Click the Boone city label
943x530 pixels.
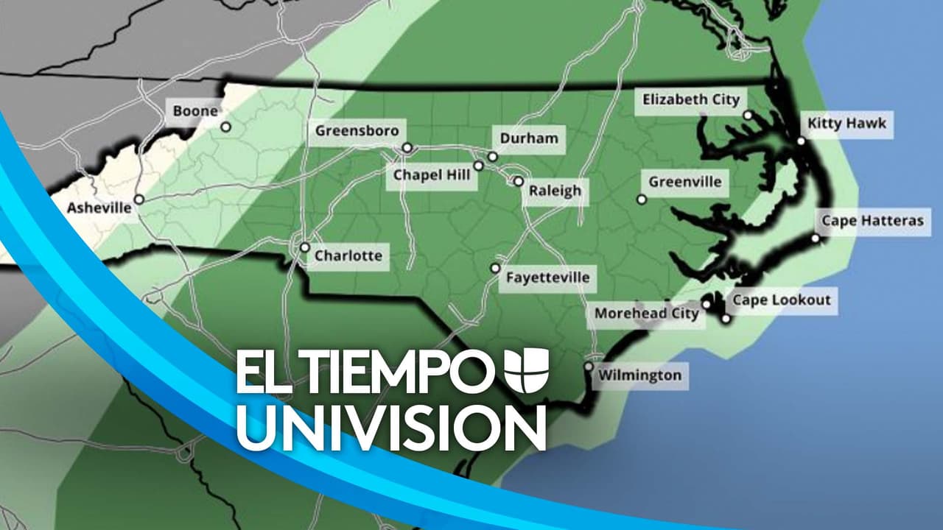pos(195,111)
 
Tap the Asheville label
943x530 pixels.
pos(99,208)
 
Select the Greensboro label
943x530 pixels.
pos(357,131)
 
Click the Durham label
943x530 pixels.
pos(529,138)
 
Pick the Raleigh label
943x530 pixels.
pos(555,191)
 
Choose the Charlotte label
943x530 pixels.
pos(348,256)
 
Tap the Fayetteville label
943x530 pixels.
pos(547,278)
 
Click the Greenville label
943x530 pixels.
pos(684,182)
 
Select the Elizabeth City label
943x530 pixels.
pos(690,100)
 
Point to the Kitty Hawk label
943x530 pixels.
pos(846,124)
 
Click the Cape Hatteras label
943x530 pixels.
pos(872,221)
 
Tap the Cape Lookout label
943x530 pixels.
pos(781,300)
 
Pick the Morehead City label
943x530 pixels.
pos(646,314)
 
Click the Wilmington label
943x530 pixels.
pos(639,375)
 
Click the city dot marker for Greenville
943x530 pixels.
pos(642,199)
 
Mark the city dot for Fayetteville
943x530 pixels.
pos(495,269)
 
